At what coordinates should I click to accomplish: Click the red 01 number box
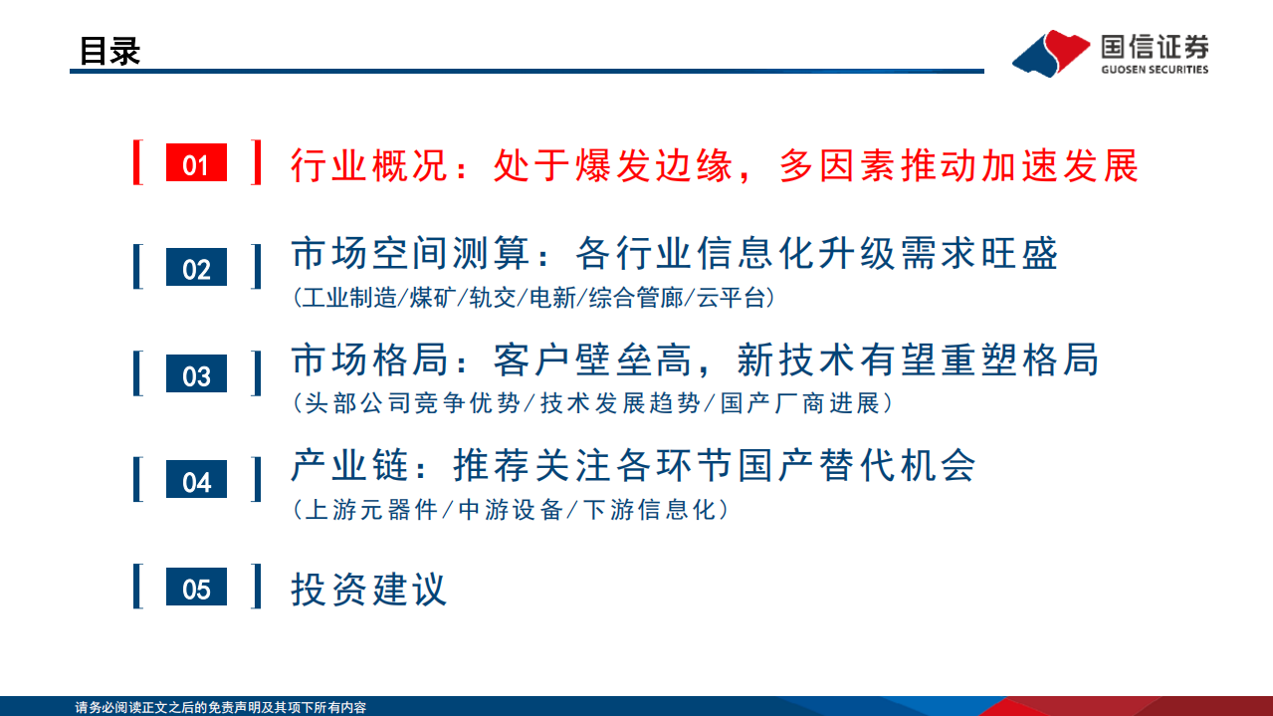tap(196, 163)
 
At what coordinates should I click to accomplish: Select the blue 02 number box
tap(196, 269)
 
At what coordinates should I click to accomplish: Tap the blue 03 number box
tap(196, 375)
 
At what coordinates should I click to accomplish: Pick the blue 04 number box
tap(196, 482)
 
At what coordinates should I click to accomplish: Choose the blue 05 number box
tap(196, 588)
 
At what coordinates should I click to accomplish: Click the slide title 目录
tap(109, 51)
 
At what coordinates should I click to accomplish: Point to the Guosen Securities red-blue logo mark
tap(1050, 53)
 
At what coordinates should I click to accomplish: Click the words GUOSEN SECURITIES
tap(1155, 70)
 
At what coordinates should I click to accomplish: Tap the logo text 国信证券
tap(1155, 46)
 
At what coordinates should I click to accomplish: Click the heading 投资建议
tap(368, 589)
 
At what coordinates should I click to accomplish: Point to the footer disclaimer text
tap(221, 707)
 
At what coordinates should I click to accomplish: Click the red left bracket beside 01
tap(138, 163)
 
